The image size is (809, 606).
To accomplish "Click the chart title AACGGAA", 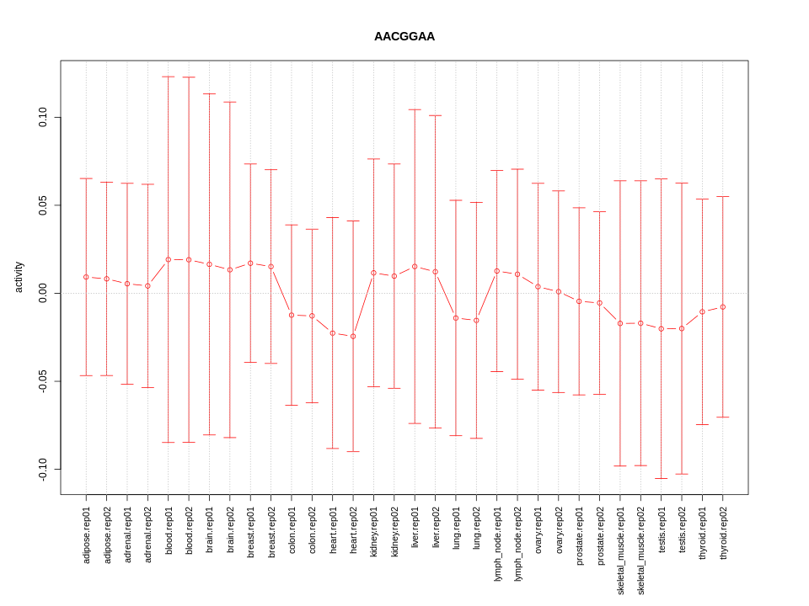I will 404,37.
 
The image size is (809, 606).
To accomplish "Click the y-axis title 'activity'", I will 19,277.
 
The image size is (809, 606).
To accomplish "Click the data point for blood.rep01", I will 169,259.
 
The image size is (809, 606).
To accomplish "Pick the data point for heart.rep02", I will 353,337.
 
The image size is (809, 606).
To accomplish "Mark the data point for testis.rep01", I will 662,328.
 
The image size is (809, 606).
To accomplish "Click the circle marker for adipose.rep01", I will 86,277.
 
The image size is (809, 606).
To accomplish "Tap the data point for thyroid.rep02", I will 723,307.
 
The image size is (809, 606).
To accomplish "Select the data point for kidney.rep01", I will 373,273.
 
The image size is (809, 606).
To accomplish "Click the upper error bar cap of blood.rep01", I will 169,77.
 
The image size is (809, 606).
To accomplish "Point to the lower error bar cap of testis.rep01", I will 662,478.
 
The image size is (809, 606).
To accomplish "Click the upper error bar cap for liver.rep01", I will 415,109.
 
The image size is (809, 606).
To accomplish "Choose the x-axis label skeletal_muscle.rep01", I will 620,550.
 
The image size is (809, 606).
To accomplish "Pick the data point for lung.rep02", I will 476,321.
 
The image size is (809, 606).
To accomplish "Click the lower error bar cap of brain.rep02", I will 230,438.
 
